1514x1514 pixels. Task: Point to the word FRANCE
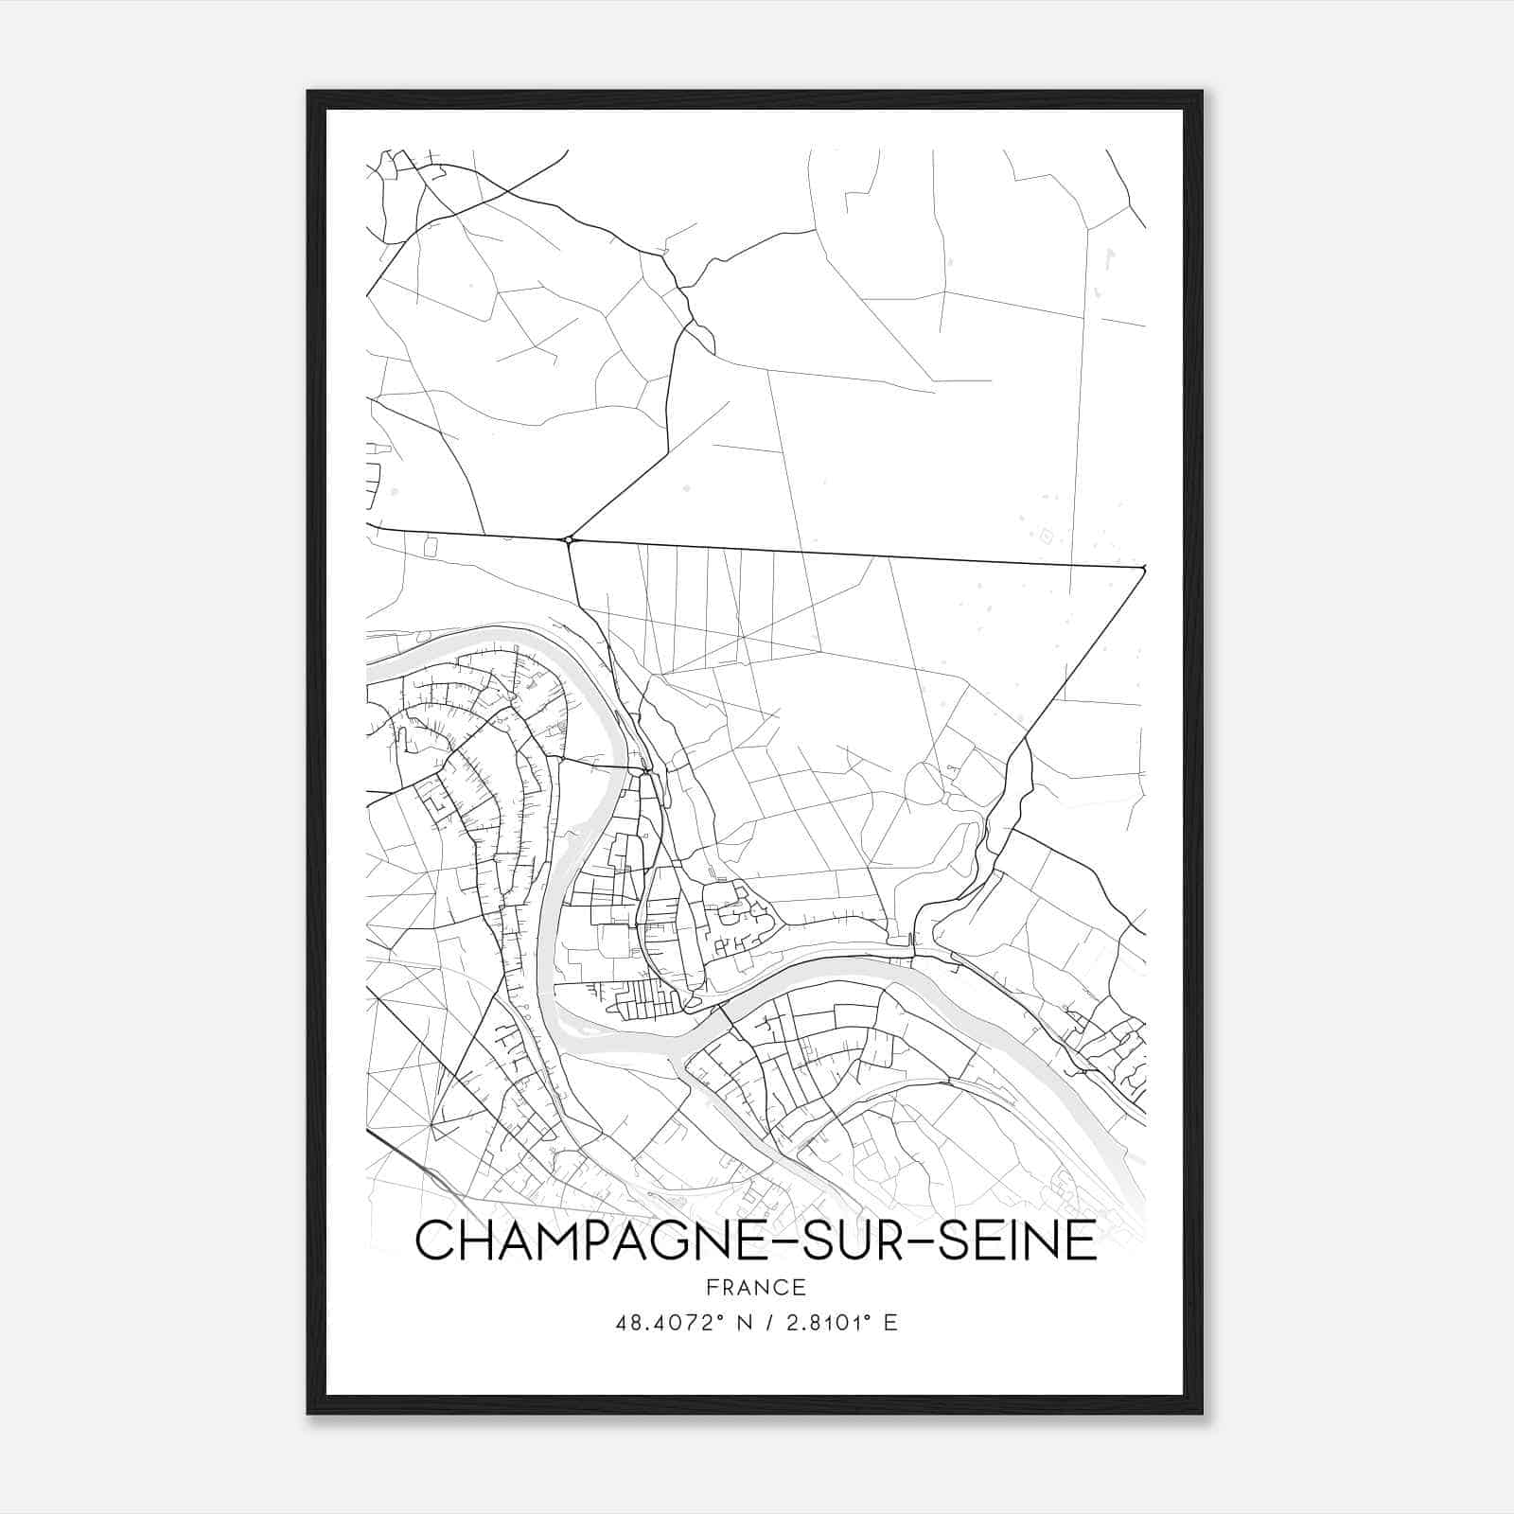point(755,1288)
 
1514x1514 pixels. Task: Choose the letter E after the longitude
point(889,1323)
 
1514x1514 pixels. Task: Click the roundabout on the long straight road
point(569,540)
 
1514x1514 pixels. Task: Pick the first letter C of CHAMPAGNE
point(436,1241)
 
